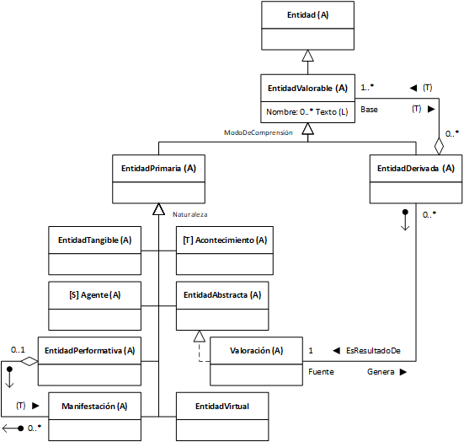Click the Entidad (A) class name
click(x=307, y=15)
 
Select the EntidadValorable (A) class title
click(x=307, y=89)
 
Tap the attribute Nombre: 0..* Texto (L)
click(x=307, y=112)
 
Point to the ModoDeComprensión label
click(x=259, y=132)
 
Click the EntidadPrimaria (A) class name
click(x=158, y=169)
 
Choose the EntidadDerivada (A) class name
click(x=416, y=169)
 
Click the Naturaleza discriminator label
click(x=190, y=214)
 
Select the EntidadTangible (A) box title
click(x=94, y=240)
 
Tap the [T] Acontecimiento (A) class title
click(x=225, y=240)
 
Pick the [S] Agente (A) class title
click(x=94, y=295)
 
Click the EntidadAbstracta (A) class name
click(x=222, y=295)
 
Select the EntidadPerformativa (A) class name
click(x=89, y=351)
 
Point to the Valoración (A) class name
click(x=256, y=351)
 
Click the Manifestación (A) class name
click(x=94, y=406)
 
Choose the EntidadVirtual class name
click(x=222, y=406)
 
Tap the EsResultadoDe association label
click(x=373, y=351)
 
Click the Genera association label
click(x=381, y=372)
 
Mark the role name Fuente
click(x=321, y=372)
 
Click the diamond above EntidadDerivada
click(x=439, y=146)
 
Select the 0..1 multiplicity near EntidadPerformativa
click(x=18, y=350)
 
